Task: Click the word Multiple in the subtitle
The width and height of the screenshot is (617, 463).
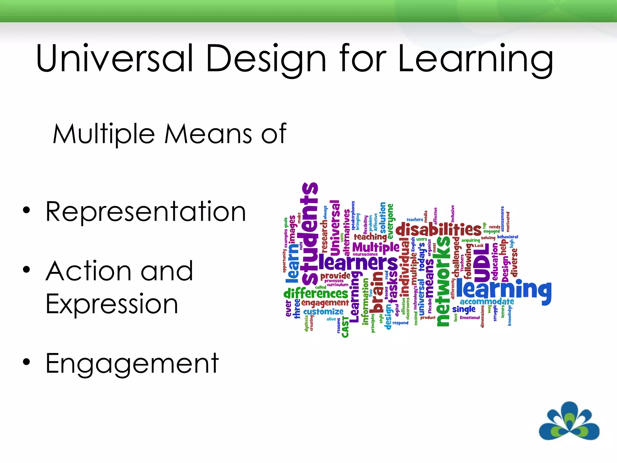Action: [104, 134]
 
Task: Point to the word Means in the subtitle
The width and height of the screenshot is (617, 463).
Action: [208, 134]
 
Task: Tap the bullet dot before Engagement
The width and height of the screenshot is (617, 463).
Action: [27, 361]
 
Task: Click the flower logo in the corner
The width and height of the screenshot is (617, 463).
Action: [569, 421]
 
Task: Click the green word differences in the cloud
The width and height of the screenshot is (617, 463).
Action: [316, 293]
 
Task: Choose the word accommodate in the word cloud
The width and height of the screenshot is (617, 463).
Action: [487, 302]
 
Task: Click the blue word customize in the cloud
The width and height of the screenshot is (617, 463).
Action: [323, 312]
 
